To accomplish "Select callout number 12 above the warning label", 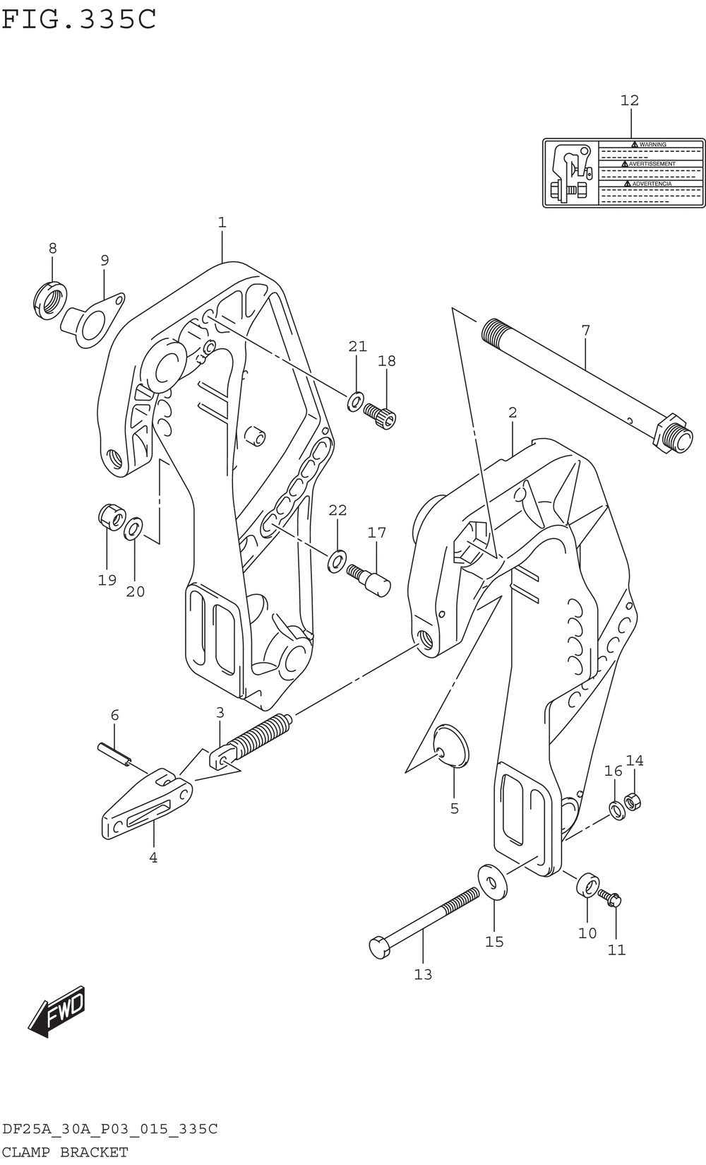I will click(630, 101).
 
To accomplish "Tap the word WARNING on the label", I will click(652, 145).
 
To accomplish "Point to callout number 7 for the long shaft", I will click(585, 330).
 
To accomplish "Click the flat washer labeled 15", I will click(493, 883).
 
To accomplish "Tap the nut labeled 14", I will click(634, 801).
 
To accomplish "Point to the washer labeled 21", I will click(356, 401).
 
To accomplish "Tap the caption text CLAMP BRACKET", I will click(65, 1152).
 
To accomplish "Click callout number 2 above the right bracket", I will click(513, 413).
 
